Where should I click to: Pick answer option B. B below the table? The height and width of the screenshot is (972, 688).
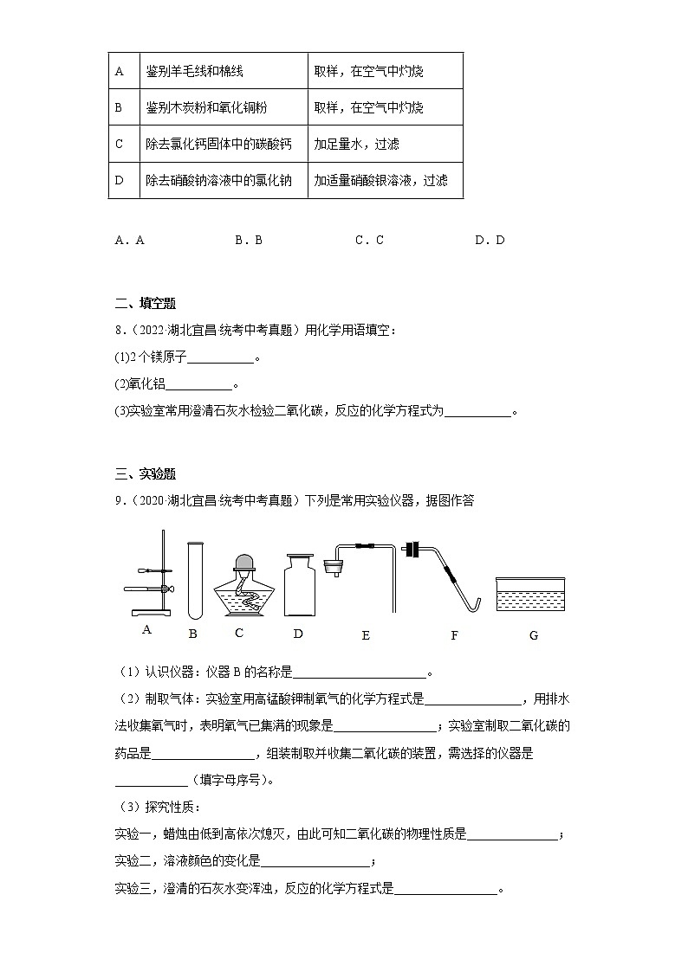pyautogui.click(x=248, y=241)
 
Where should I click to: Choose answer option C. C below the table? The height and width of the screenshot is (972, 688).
pyautogui.click(x=369, y=241)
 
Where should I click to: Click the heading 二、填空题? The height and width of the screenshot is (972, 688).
pyautogui.click(x=145, y=303)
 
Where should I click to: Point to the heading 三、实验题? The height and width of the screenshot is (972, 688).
pyautogui.click(x=145, y=473)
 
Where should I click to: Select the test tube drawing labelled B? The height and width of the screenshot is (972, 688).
pyautogui.click(x=194, y=578)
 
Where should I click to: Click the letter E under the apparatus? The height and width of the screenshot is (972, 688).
pyautogui.click(x=366, y=635)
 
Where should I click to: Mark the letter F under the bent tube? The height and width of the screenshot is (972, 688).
pyautogui.click(x=455, y=635)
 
